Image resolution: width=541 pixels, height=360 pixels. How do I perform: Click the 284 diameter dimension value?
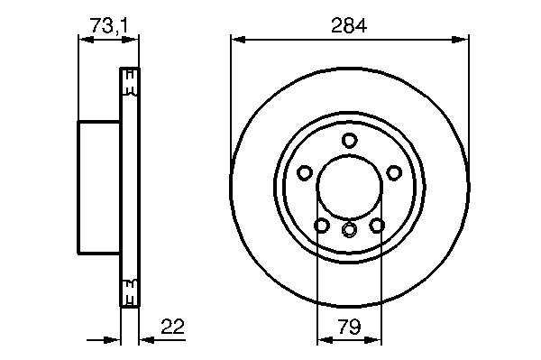[348, 25]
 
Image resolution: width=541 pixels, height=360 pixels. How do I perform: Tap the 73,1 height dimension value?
[109, 26]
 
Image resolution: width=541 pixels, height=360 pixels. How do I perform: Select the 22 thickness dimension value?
[173, 327]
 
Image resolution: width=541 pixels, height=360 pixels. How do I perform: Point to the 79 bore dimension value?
[349, 327]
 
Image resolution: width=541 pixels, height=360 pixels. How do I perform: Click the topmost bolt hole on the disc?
[349, 140]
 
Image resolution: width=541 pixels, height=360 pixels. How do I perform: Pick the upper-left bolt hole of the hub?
[305, 172]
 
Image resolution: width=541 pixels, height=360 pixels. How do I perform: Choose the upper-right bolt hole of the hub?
[394, 172]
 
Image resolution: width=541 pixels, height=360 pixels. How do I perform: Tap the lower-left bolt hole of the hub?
[322, 226]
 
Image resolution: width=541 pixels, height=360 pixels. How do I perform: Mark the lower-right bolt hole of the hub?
[377, 226]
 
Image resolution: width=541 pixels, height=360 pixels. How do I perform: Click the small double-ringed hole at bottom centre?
[349, 229]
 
